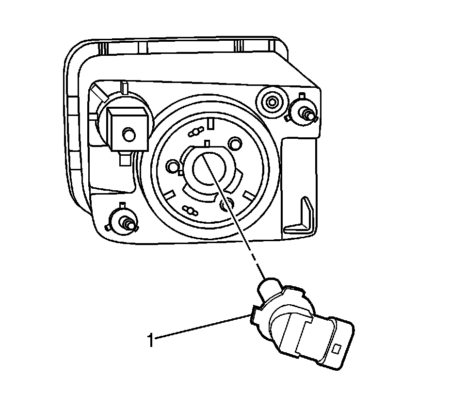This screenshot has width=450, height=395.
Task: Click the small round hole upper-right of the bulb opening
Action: coord(236,144)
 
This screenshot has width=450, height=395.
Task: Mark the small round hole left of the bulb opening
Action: coord(172,167)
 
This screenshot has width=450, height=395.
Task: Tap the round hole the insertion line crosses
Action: coord(226,205)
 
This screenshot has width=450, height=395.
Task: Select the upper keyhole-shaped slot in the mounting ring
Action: coord(195,132)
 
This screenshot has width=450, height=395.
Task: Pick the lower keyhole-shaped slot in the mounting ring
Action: coord(190,210)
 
